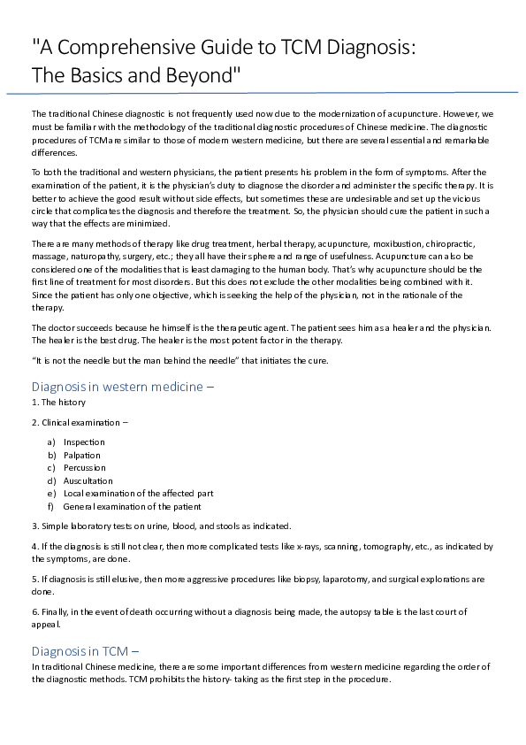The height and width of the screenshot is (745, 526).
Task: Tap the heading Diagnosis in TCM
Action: [86, 651]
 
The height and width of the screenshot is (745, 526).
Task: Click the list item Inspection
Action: [84, 442]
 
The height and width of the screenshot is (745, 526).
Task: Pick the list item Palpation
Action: [82, 455]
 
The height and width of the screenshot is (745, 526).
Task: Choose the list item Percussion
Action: [84, 467]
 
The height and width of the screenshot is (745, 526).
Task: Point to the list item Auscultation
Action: [88, 480]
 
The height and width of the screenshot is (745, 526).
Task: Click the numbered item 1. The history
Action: [58, 402]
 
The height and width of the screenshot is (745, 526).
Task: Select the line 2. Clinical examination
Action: [79, 422]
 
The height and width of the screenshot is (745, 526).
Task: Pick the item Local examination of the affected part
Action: [138, 493]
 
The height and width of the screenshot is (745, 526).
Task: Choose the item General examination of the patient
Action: [132, 506]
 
